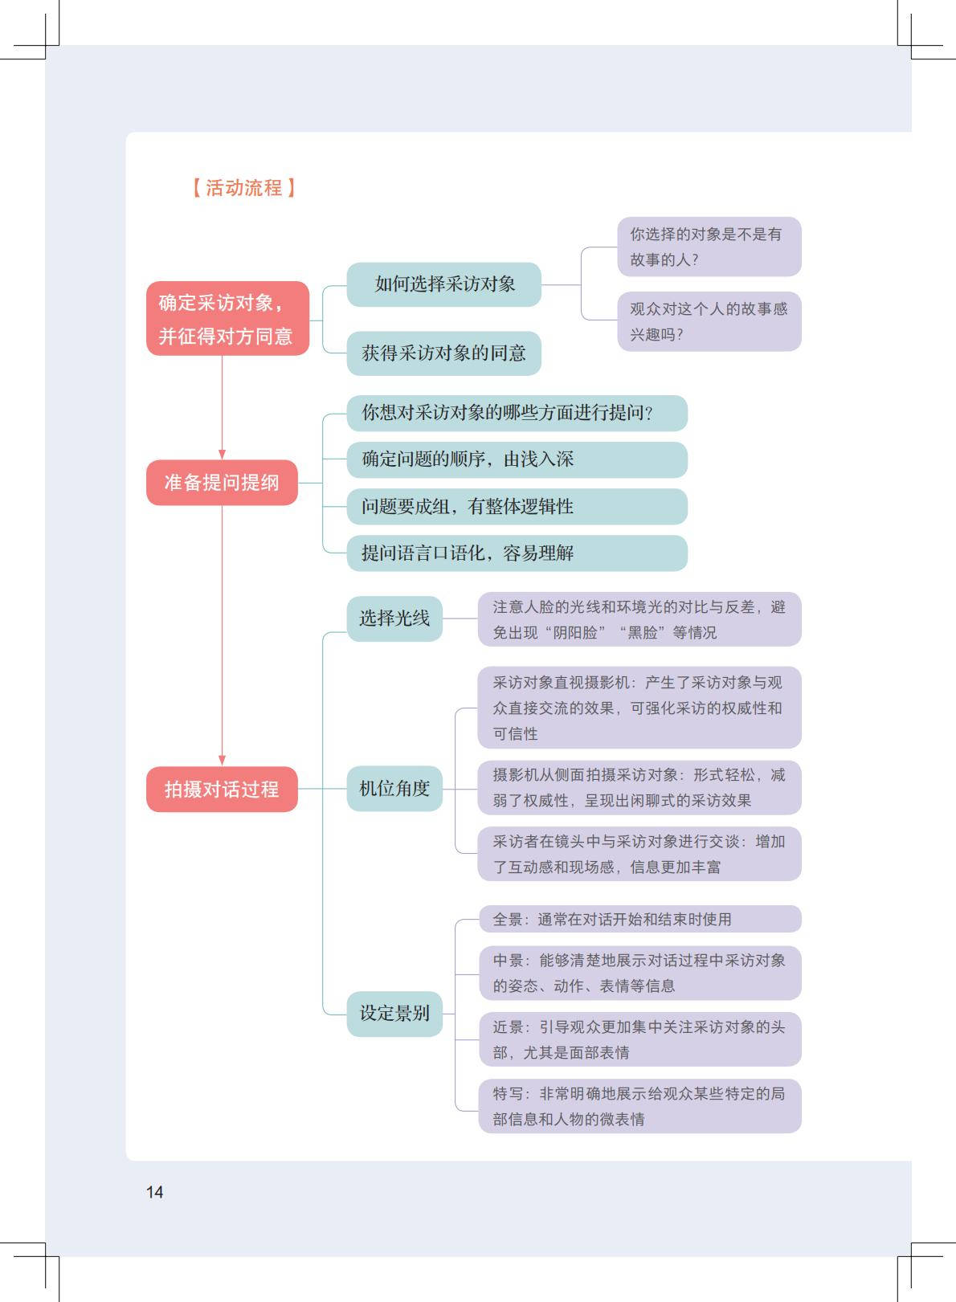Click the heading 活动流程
(x=244, y=188)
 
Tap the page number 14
(x=154, y=1192)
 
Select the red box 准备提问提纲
(x=222, y=483)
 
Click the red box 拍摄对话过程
(x=222, y=790)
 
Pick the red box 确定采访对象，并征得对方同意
(x=227, y=319)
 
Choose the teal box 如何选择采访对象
(x=443, y=284)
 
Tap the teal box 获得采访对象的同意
(x=443, y=353)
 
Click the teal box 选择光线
(x=394, y=618)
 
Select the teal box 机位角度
(x=394, y=789)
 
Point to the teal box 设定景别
(x=394, y=1014)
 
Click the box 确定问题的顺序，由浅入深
(x=517, y=459)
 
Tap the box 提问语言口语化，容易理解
(x=517, y=553)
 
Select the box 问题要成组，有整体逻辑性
(x=517, y=507)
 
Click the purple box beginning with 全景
(x=639, y=920)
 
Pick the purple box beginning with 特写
(x=639, y=1106)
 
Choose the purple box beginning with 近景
(x=639, y=1039)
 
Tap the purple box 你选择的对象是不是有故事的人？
(x=709, y=247)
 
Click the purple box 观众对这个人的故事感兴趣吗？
(x=709, y=321)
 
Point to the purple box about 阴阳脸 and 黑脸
(x=639, y=619)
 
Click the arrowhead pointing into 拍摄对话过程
(x=223, y=760)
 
